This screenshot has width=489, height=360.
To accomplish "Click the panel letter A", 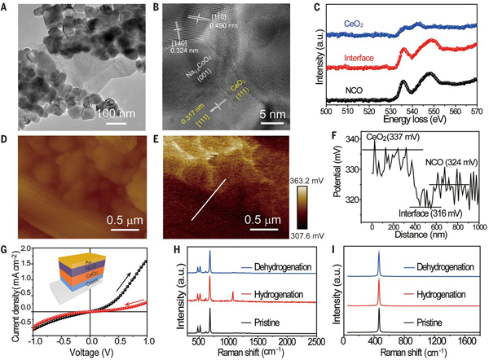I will coord(7,7).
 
